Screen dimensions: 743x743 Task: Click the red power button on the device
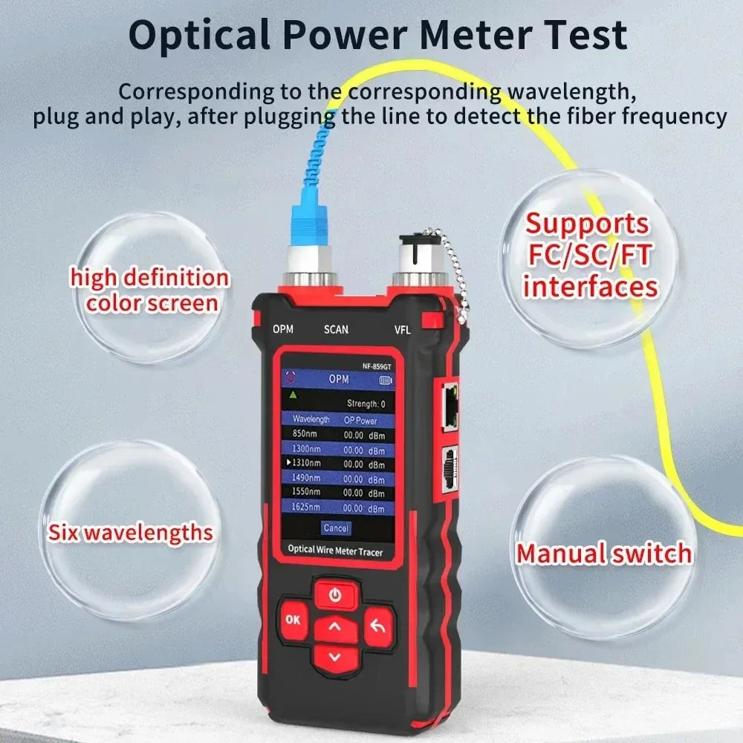[336, 594]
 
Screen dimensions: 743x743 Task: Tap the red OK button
[293, 620]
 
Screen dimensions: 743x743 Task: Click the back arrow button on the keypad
[378, 627]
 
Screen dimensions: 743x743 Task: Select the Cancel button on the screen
[336, 528]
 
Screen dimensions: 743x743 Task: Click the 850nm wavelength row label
[305, 433]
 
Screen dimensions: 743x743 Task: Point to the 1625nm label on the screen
[305, 507]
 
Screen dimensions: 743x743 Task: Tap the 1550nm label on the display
[305, 491]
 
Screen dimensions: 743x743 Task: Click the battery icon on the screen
[386, 380]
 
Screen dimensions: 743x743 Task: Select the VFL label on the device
[402, 330]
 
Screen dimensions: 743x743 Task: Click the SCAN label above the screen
[336, 329]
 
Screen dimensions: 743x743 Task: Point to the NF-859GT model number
[377, 366]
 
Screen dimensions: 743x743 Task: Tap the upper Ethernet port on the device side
[450, 407]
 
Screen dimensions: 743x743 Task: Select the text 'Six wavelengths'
[130, 532]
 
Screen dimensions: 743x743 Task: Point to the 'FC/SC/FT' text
[590, 255]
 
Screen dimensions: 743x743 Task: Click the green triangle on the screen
[293, 395]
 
